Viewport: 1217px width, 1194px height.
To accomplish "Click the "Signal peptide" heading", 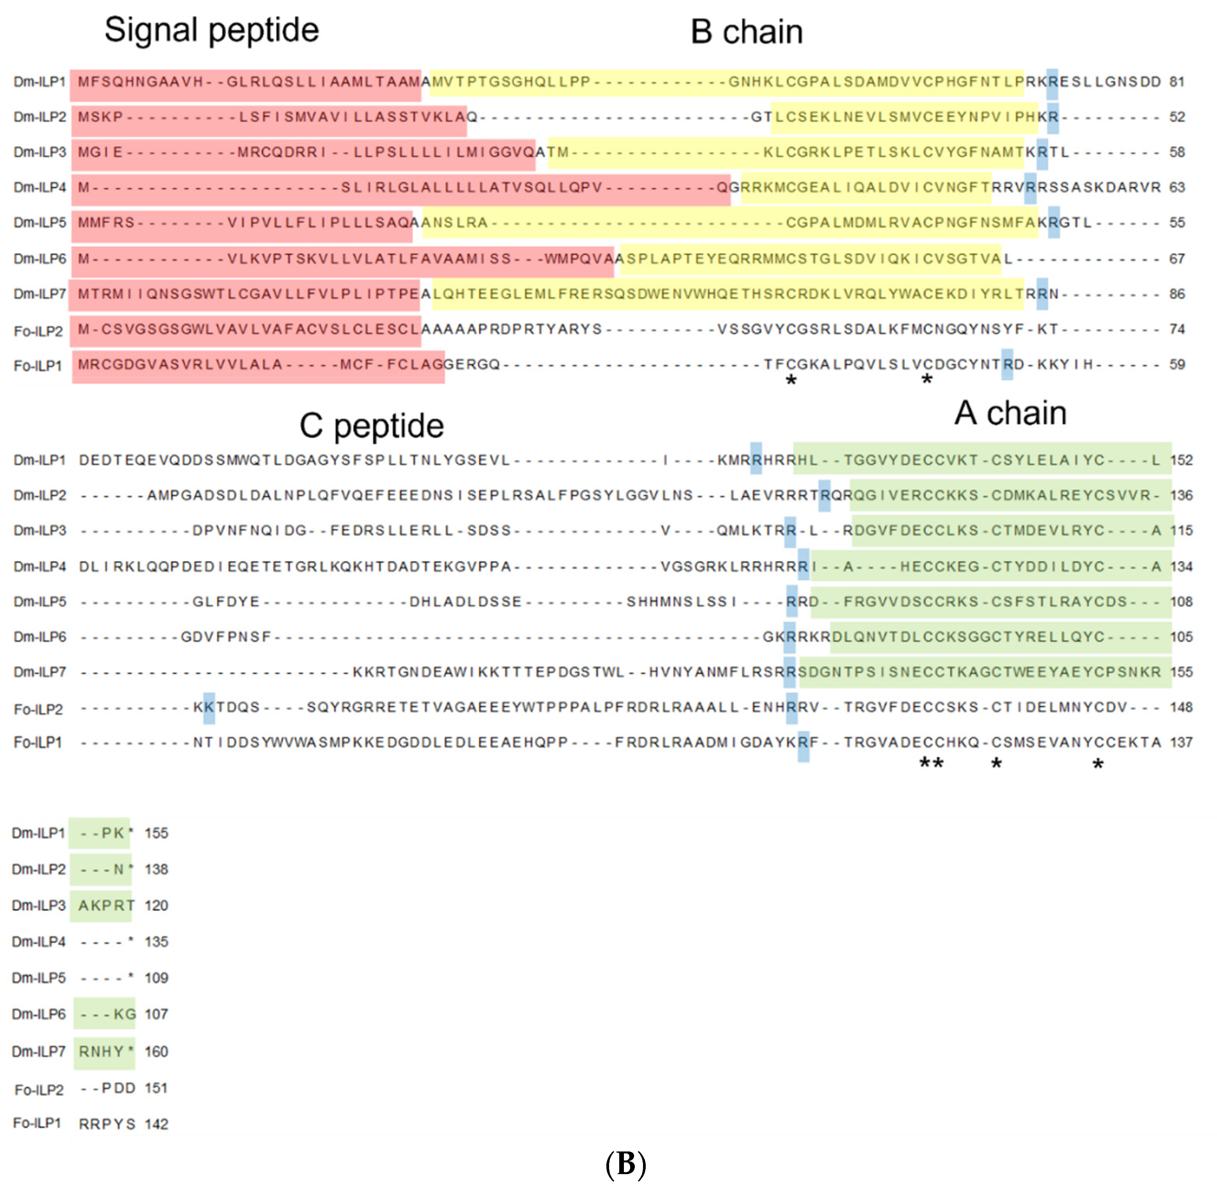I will pyautogui.click(x=211, y=30).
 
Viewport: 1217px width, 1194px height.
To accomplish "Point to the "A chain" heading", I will pyautogui.click(x=1010, y=413).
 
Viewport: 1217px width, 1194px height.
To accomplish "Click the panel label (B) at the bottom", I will pyautogui.click(x=625, y=1164).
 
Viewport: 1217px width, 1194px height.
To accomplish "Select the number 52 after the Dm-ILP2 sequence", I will pyautogui.click(x=1177, y=117).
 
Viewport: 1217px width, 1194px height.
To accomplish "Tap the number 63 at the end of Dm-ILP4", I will pyautogui.click(x=1177, y=188).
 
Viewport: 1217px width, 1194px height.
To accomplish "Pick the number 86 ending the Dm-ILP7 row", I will pyautogui.click(x=1177, y=294).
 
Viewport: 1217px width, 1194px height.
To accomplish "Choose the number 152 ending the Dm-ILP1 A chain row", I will pyautogui.click(x=1181, y=460).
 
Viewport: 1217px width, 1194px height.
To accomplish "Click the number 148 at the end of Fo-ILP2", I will pyautogui.click(x=1181, y=707).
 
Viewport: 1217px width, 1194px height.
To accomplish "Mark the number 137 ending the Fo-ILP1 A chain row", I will pyautogui.click(x=1181, y=742).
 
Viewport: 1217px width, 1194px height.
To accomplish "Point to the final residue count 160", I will pyautogui.click(x=156, y=1052).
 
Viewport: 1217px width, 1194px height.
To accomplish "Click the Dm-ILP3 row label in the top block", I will pyautogui.click(x=39, y=153).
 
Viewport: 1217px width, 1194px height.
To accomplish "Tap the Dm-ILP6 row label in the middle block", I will pyautogui.click(x=39, y=637).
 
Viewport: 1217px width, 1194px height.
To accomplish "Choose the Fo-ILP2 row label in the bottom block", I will pyautogui.click(x=39, y=1090).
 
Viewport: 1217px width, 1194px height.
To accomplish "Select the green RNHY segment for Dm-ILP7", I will pyautogui.click(x=101, y=1052).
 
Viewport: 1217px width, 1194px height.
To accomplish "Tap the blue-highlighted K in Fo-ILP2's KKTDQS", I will pyautogui.click(x=209, y=707).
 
